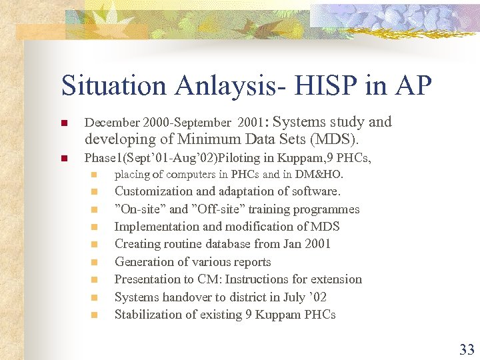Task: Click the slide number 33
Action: point(467,349)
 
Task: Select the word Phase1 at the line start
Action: point(101,159)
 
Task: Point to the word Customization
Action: point(153,192)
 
